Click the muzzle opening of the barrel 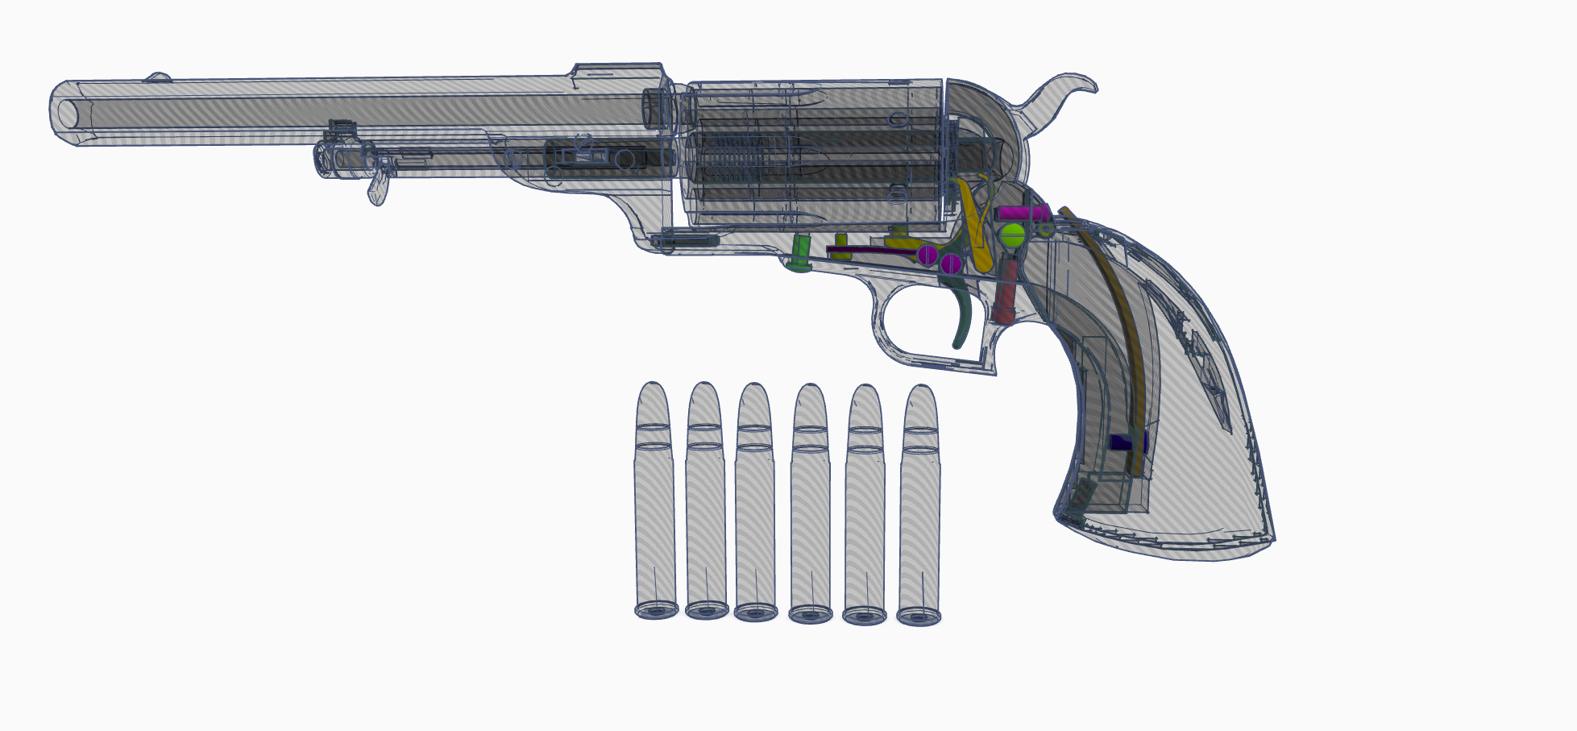click(x=66, y=113)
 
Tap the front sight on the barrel click(x=158, y=78)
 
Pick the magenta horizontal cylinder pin click(x=1023, y=214)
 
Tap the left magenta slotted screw click(x=928, y=255)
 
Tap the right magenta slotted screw click(x=951, y=263)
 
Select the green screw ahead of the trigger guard click(x=800, y=254)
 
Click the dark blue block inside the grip click(x=1126, y=442)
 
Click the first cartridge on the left click(x=655, y=500)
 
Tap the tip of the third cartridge click(x=755, y=390)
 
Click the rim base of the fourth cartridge click(x=810, y=615)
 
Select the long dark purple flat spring click(x=870, y=251)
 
